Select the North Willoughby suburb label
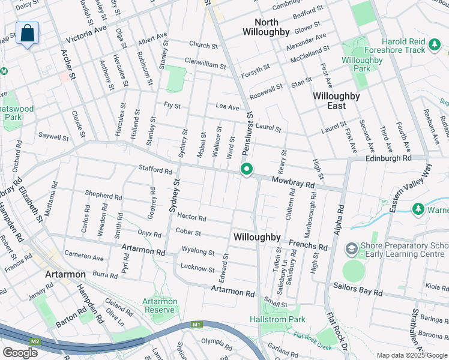tap(267, 27)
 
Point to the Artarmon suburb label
tap(65, 274)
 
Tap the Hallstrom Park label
tap(277, 320)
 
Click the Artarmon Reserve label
tap(160, 305)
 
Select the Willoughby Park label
tap(362, 64)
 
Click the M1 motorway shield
tap(196, 325)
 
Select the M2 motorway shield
tap(35, 341)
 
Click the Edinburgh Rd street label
tap(388, 158)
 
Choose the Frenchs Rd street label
tap(308, 245)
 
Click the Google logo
tap(20, 353)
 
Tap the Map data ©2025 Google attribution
tap(412, 355)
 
